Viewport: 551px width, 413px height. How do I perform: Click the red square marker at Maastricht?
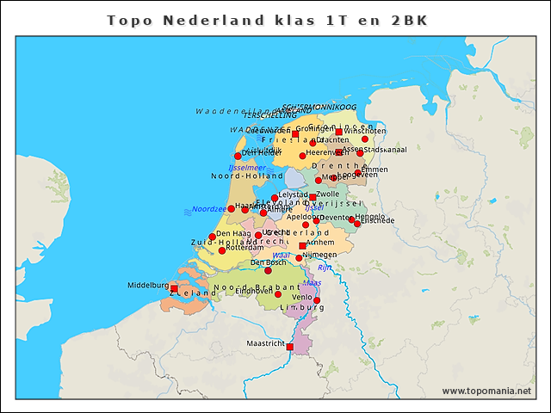[289, 347]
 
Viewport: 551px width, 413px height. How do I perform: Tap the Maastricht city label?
[265, 343]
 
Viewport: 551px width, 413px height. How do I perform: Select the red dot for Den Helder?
[238, 156]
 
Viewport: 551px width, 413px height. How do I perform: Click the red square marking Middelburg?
[174, 288]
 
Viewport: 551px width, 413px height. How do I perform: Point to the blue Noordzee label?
[208, 209]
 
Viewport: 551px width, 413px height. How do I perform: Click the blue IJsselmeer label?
[246, 168]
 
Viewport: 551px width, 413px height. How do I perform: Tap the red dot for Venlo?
[317, 300]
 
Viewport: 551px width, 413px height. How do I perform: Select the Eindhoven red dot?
[277, 295]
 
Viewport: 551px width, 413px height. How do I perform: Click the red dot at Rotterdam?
[221, 250]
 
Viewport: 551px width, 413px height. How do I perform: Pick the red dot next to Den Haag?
[212, 237]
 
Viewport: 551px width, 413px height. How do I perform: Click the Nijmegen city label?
[319, 256]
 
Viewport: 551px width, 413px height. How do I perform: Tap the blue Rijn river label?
[325, 268]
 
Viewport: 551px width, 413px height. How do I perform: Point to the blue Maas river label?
[312, 282]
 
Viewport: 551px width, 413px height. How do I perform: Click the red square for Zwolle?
[313, 197]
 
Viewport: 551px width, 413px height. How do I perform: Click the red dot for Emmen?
[358, 173]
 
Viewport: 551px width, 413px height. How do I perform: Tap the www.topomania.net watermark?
[486, 391]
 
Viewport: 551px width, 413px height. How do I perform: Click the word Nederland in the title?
[195, 19]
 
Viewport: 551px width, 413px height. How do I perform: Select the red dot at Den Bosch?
[268, 271]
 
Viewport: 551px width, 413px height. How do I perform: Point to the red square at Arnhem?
[301, 246]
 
